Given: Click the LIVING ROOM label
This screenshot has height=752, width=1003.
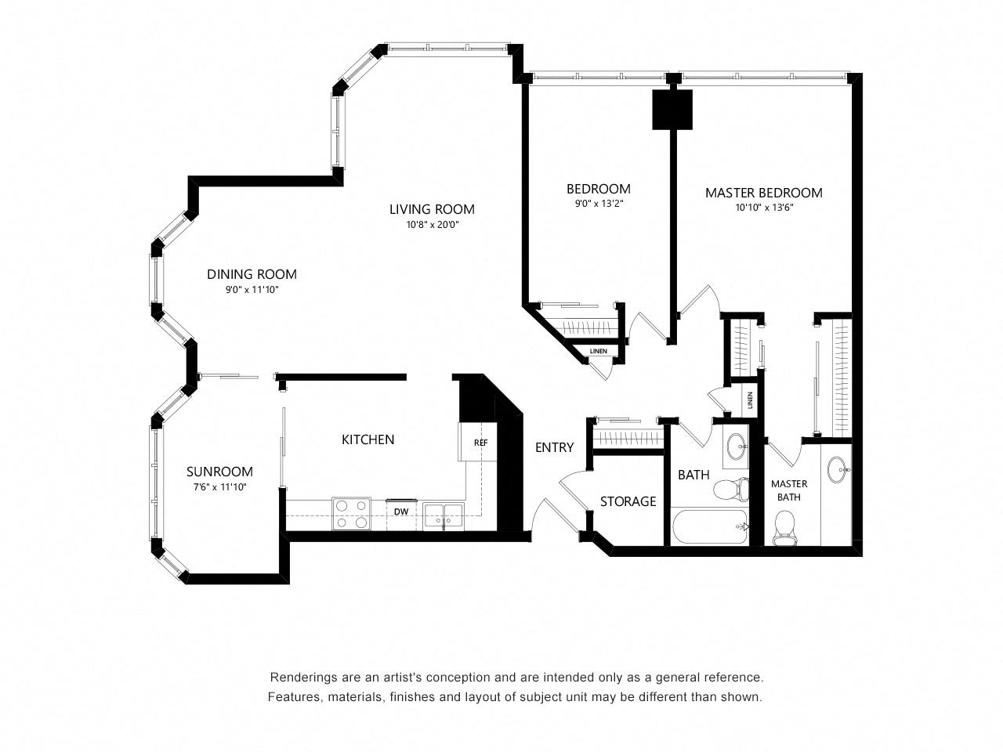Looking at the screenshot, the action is coord(431,209).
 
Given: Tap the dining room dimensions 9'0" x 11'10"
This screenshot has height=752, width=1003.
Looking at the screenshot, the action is coord(252,290).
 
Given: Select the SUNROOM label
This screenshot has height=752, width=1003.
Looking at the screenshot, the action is coord(219,472).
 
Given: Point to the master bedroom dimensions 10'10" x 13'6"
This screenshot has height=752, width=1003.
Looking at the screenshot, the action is coord(763,208).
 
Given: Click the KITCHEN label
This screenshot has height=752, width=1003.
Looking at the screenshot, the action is coord(368,439).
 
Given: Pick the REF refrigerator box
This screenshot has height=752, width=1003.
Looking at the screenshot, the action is coord(477,442).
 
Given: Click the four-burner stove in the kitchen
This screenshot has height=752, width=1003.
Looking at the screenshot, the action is coord(351,514).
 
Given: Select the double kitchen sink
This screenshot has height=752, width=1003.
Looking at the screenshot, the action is coord(443,516).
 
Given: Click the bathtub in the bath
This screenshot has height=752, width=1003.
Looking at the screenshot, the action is coord(710,526).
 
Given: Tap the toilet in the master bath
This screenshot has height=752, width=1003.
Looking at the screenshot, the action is coord(784,528).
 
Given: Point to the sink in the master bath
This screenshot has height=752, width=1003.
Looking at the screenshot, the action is coord(837,470).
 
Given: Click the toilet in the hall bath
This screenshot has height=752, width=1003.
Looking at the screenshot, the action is coord(731,489).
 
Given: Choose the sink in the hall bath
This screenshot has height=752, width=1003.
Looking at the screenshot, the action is coord(735,446).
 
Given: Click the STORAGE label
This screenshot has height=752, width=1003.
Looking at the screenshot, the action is coord(628,501).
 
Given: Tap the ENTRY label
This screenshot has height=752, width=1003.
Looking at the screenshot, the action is coord(554,447).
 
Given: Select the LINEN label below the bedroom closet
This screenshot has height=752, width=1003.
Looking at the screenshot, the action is coord(598,351).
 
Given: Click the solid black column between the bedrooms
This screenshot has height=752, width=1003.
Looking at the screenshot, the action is coord(672,110).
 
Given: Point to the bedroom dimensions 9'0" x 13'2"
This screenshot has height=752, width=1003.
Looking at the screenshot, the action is coord(599,203).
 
